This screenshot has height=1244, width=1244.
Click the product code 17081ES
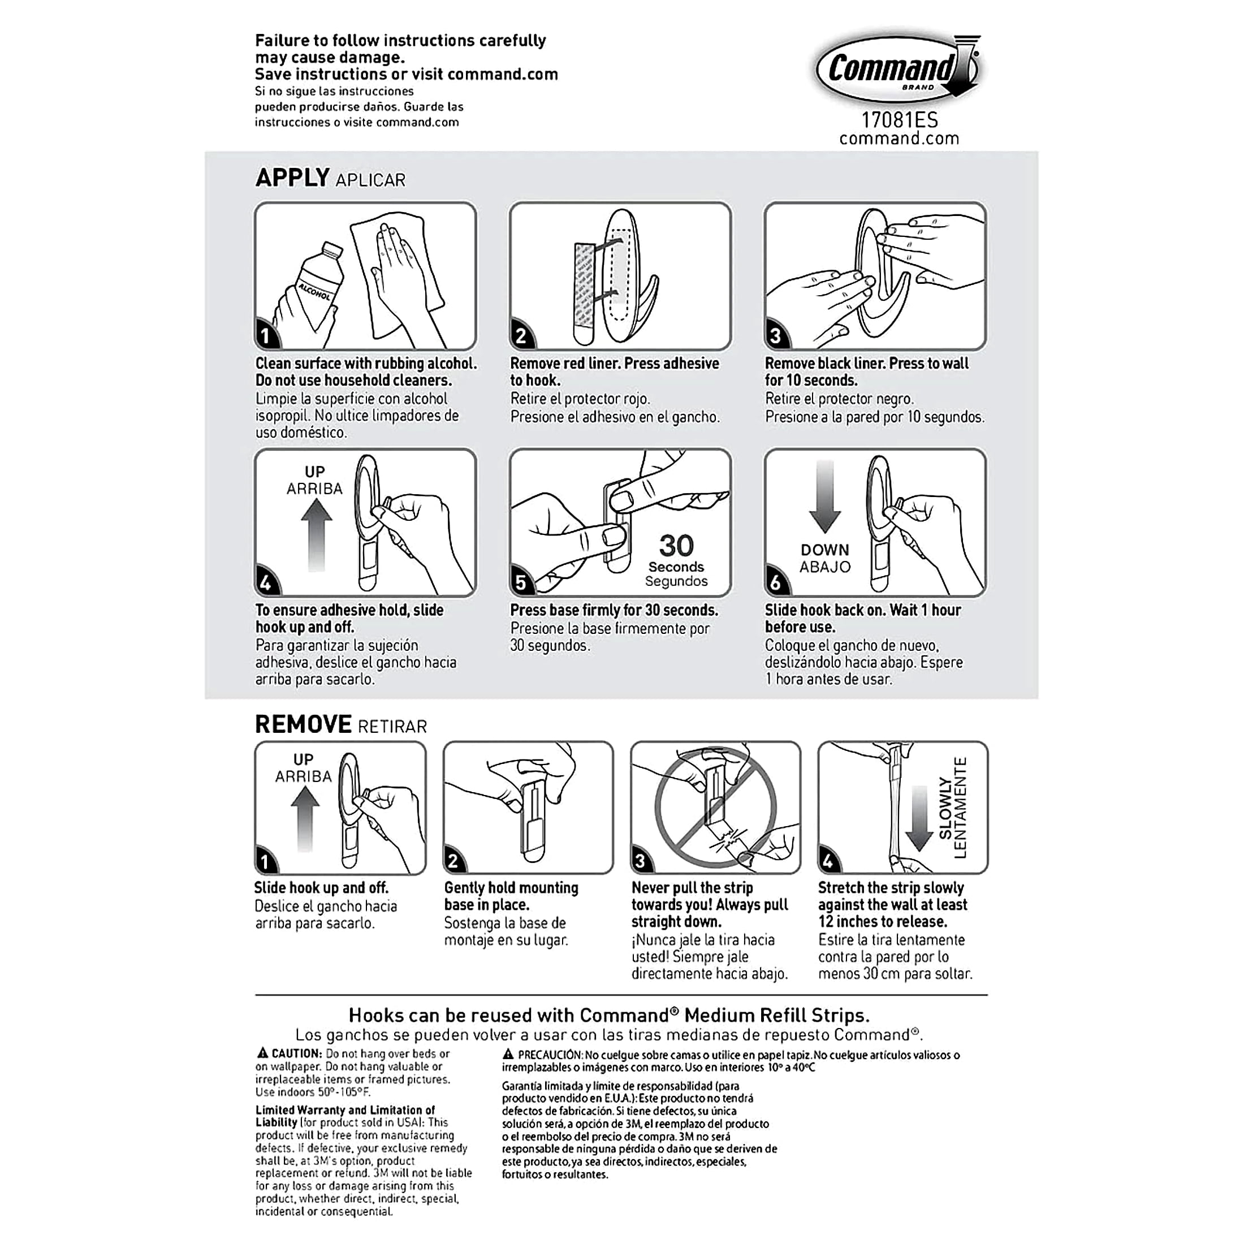click(x=900, y=120)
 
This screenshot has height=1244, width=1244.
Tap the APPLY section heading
click(x=292, y=178)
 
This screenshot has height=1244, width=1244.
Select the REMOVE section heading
click(x=303, y=724)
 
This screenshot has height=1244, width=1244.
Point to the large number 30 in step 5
click(x=676, y=546)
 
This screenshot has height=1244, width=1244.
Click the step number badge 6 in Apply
click(x=776, y=583)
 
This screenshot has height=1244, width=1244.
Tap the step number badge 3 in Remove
click(x=640, y=861)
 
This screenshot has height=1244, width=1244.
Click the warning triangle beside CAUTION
click(x=262, y=1053)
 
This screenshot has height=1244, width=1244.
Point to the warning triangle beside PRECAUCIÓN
click(x=508, y=1054)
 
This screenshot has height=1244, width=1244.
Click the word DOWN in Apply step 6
click(x=825, y=550)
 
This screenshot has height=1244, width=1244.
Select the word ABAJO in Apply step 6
click(x=825, y=567)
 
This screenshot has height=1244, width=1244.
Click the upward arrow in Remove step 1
click(x=305, y=818)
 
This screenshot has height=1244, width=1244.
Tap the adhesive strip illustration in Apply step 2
click(x=585, y=292)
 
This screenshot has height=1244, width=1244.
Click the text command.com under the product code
click(x=899, y=139)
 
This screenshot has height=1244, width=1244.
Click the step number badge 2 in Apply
click(x=521, y=335)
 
